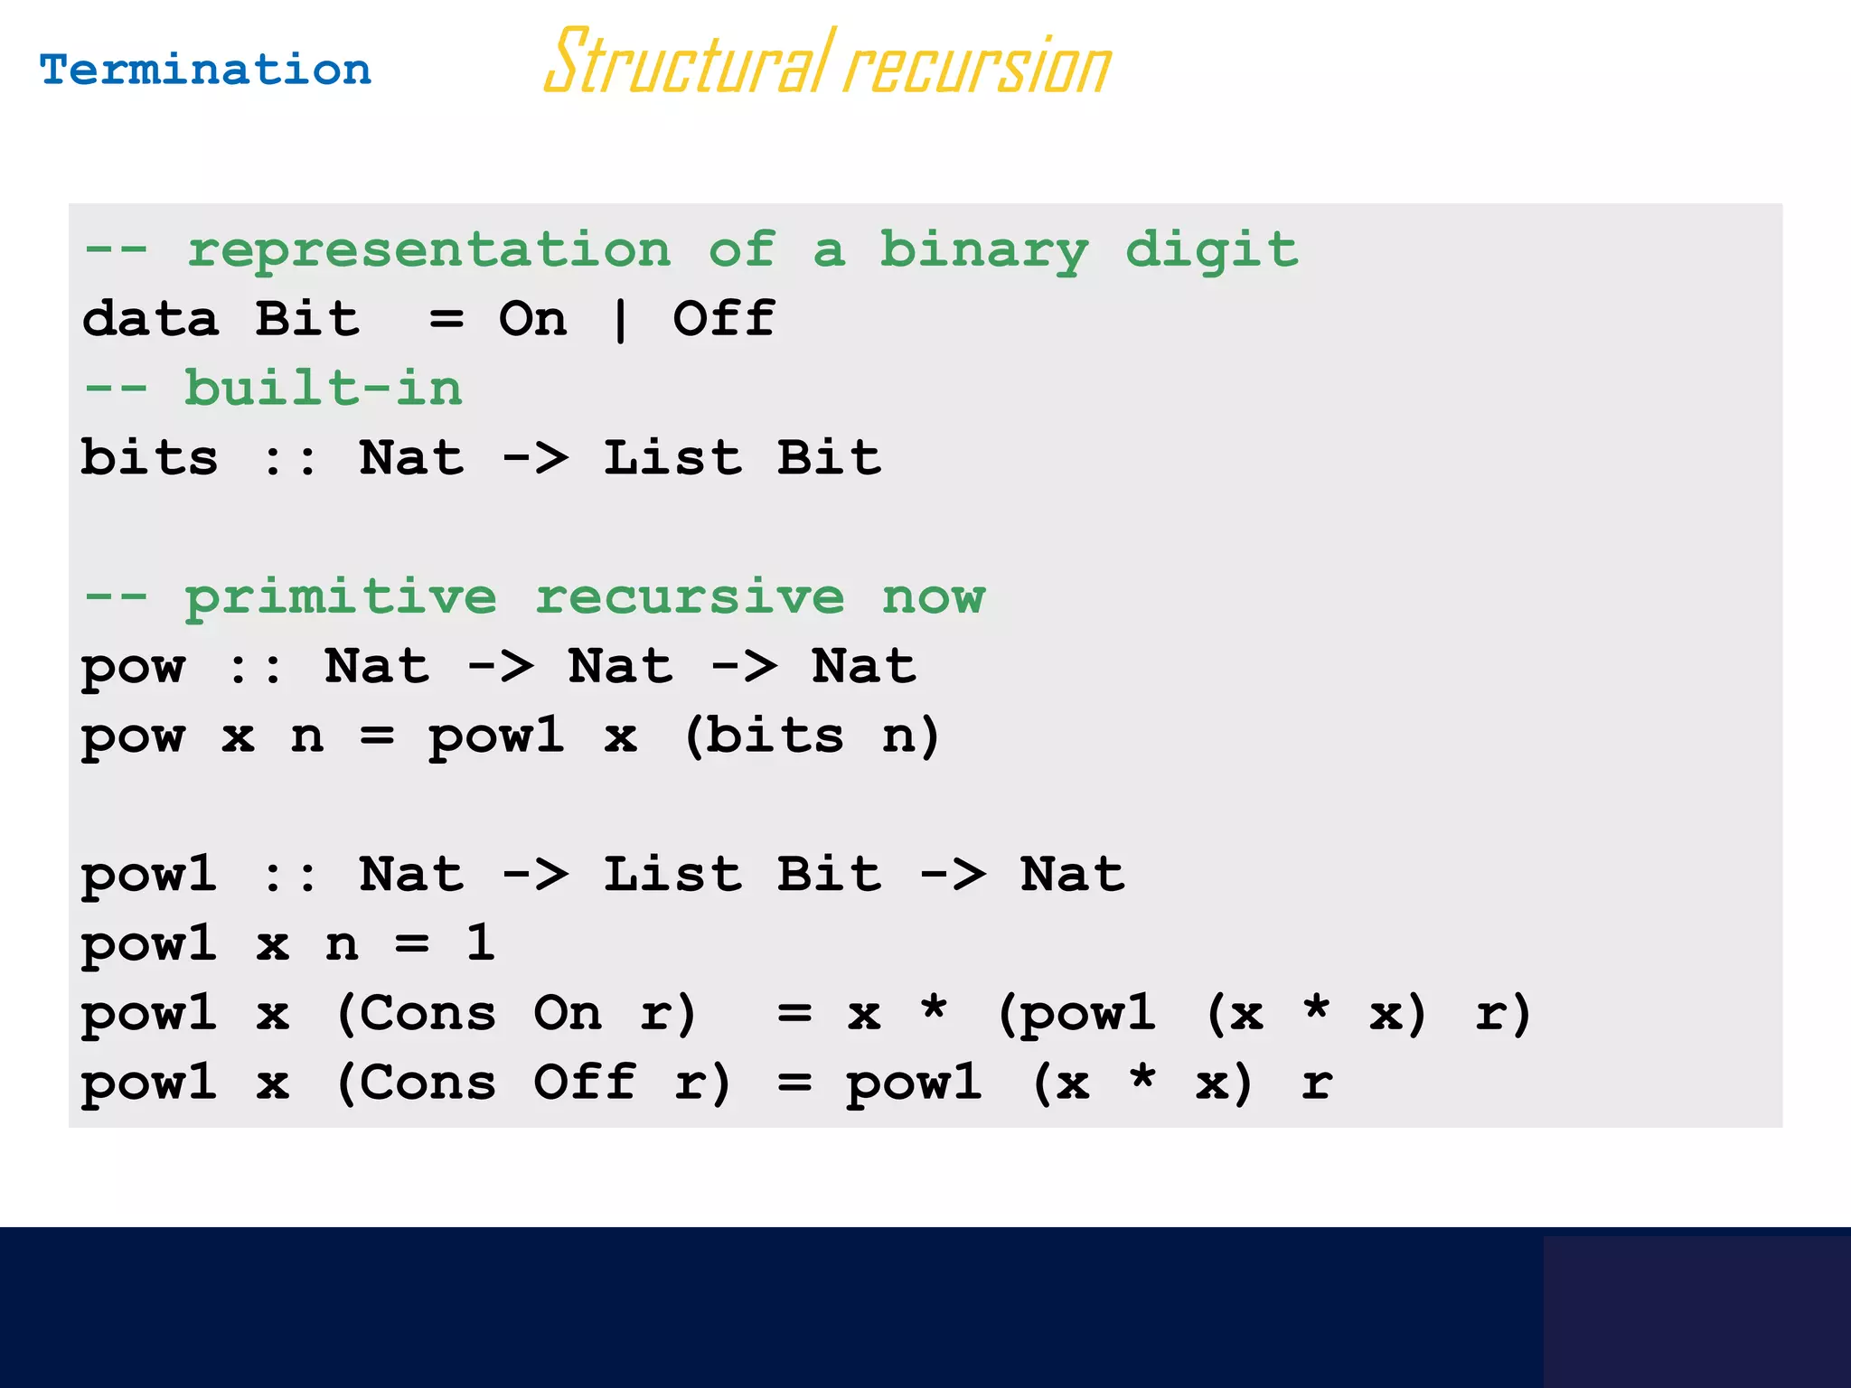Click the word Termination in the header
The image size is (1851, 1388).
205,70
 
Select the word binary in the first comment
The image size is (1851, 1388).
985,250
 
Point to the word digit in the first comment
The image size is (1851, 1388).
1211,250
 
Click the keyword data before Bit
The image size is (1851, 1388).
151,319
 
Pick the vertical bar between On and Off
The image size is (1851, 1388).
620,320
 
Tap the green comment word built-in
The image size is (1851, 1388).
324,389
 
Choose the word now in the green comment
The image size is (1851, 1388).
934,596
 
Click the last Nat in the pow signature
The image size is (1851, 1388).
864,666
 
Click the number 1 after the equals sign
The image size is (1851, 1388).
480,943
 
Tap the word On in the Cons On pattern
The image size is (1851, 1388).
568,1013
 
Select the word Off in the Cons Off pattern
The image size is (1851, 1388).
585,1082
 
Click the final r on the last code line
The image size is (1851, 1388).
1317,1083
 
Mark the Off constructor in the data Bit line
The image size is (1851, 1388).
724,319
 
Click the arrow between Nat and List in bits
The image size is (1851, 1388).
535,458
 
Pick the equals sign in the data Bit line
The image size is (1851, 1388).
446,319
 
